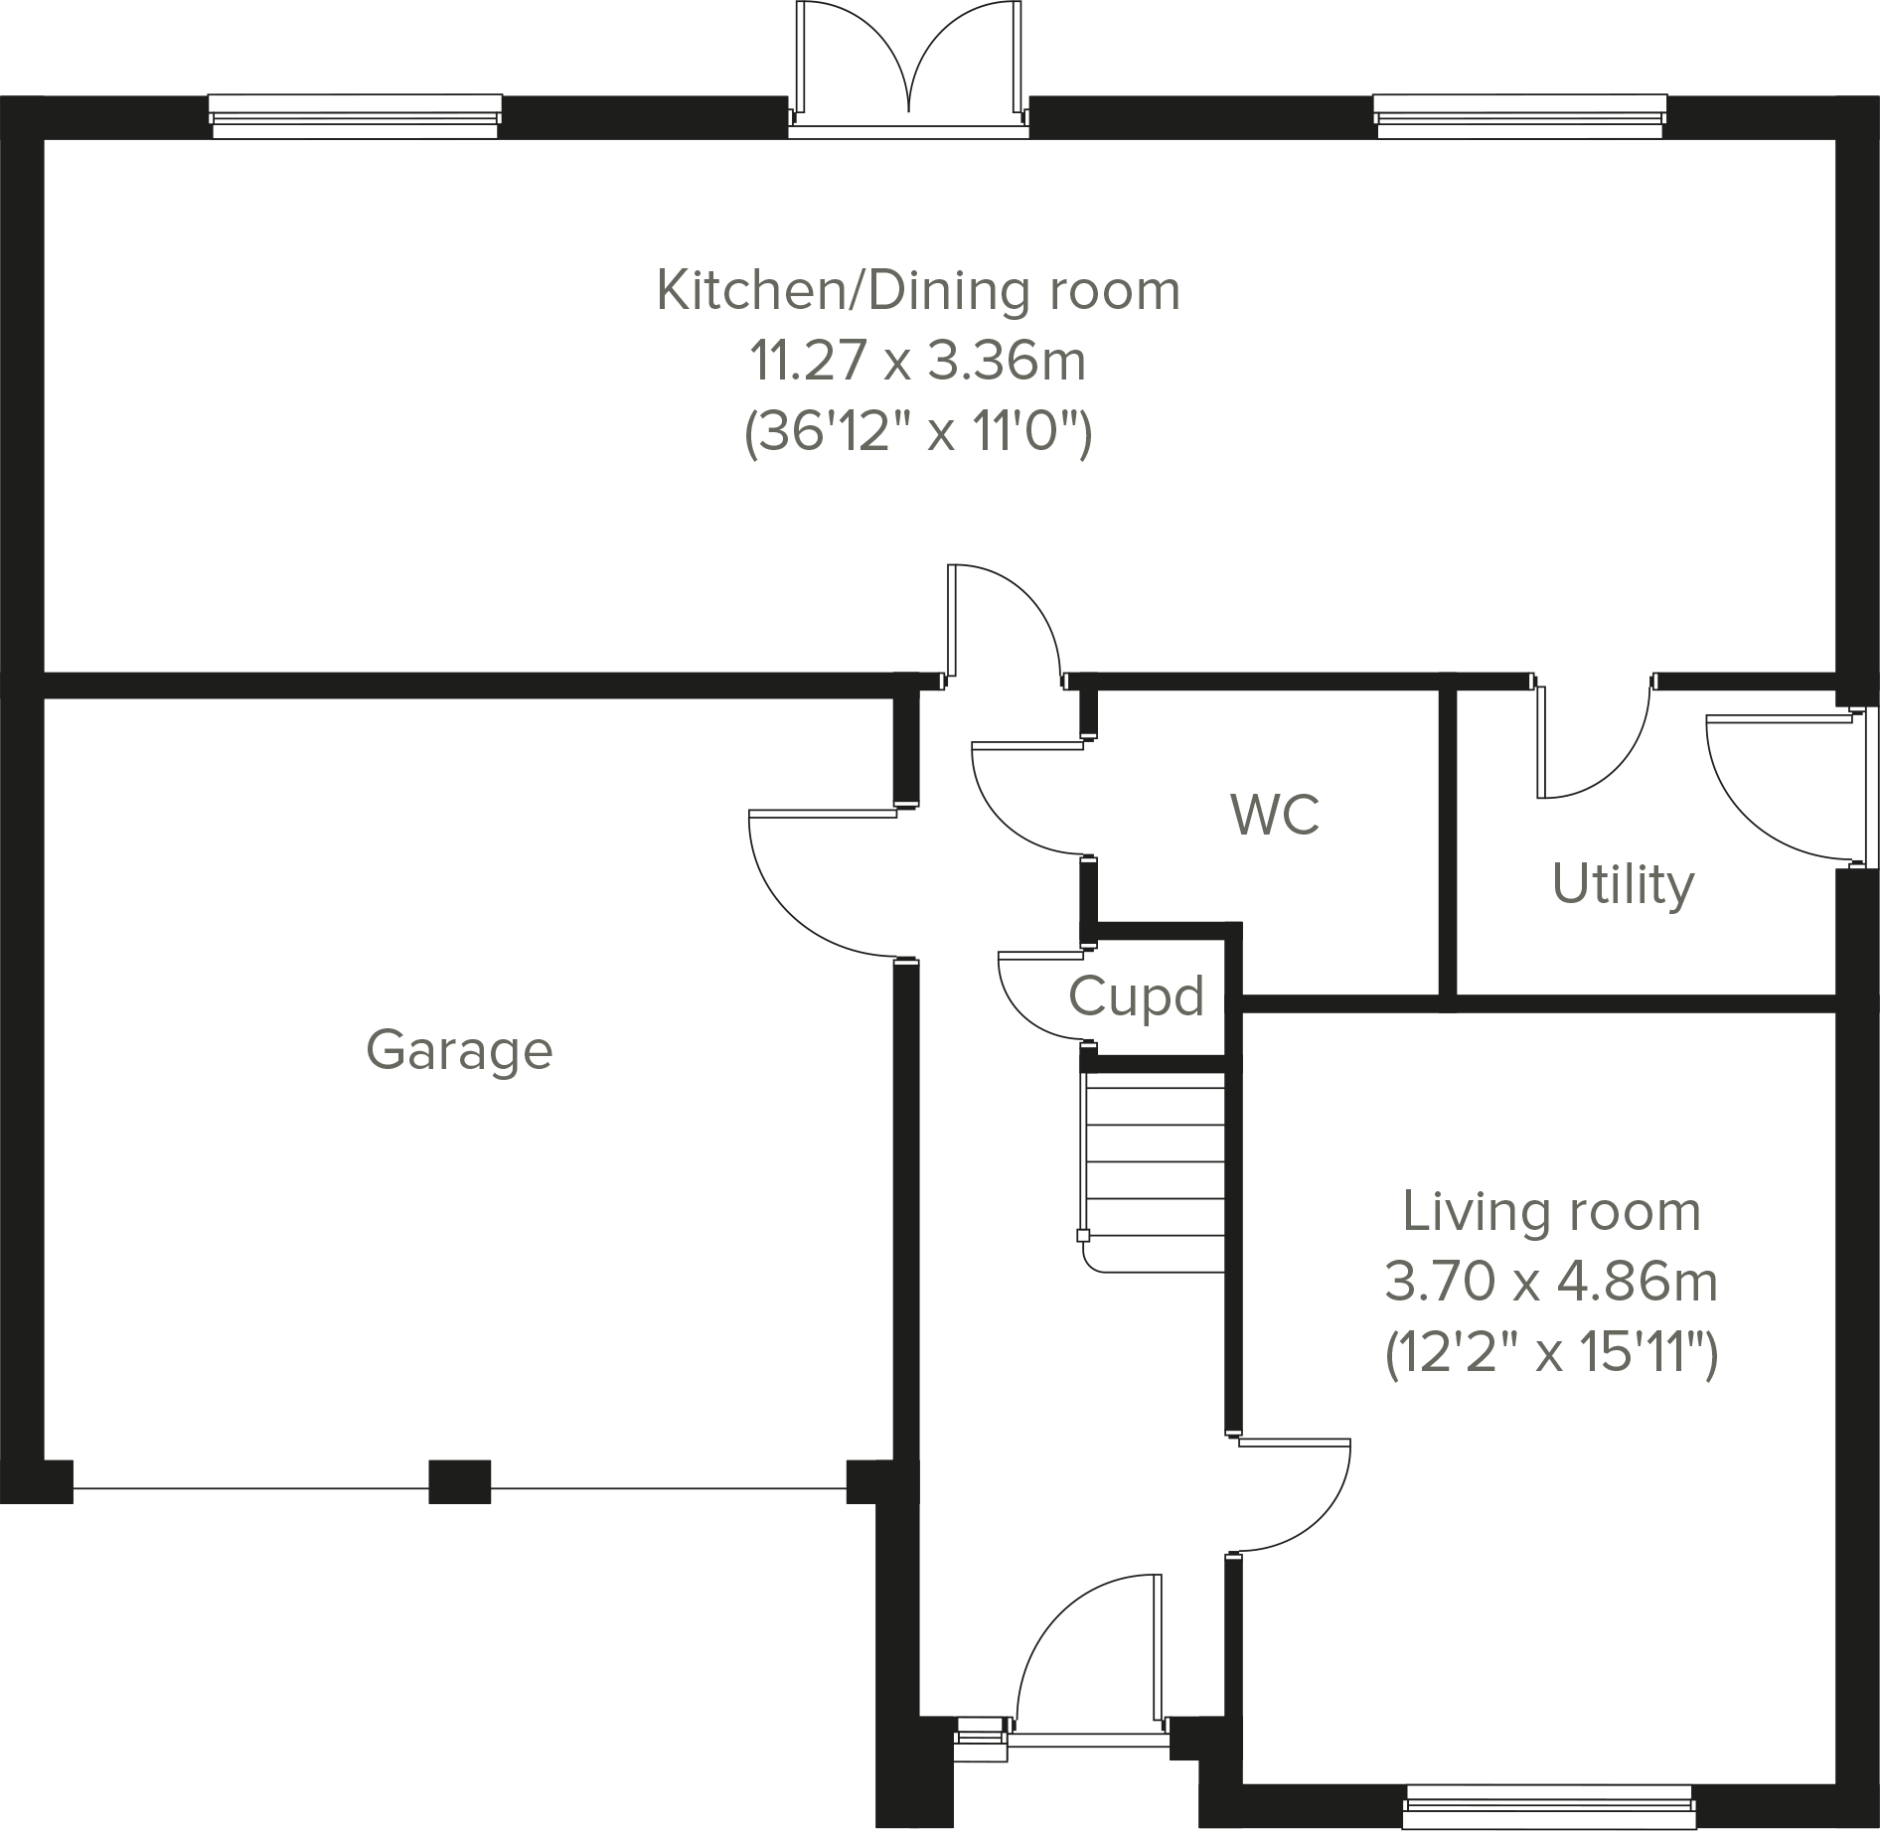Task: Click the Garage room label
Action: (459, 1051)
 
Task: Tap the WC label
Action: (1275, 815)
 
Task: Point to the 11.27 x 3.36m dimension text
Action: (917, 361)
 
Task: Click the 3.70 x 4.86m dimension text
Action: (1550, 1282)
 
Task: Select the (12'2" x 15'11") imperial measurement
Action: (1550, 1352)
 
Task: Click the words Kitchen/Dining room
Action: (917, 290)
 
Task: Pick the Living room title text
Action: (1550, 1211)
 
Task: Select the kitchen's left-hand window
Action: (355, 117)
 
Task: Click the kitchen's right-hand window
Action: (1518, 117)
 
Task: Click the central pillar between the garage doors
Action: (459, 1481)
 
